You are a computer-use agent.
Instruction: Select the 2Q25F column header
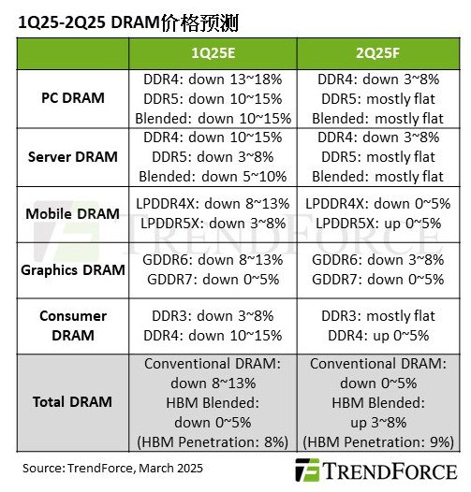pos(377,53)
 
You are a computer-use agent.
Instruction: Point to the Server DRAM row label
pos(74,156)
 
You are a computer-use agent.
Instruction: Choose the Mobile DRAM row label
pos(74,213)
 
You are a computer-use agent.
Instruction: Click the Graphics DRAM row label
pos(74,269)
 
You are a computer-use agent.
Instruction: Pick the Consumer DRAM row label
pos(74,326)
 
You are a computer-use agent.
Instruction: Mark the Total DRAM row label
pos(74,402)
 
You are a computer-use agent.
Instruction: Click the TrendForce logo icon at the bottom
pos(307,470)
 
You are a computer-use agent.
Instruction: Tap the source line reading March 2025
pos(112,467)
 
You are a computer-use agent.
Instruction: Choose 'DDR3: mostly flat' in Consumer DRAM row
pos(377,316)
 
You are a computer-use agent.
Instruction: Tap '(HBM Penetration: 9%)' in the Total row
pos(377,440)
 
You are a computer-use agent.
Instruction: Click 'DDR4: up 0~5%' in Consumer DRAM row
pos(377,335)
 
